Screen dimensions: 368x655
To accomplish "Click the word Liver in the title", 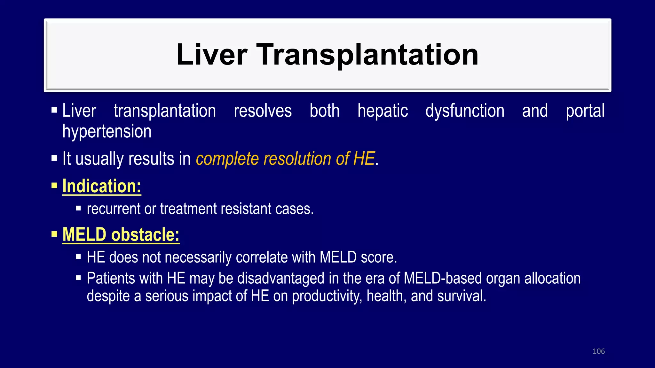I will coord(212,55).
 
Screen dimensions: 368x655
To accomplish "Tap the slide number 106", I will coord(598,351).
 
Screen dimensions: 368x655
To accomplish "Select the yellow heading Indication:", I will coord(102,186).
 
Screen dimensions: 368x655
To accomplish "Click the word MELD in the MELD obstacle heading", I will coord(84,234).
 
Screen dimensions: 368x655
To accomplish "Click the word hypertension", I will coord(107,131).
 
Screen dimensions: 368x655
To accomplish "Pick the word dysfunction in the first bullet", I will coord(465,111).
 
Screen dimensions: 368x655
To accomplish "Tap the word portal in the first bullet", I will coord(585,111).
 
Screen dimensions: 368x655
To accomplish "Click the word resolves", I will coord(263,111).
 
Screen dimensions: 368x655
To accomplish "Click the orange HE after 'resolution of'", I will coord(364,159).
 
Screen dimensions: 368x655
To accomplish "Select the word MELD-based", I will coord(443,278).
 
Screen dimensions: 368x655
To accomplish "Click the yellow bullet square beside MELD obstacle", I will coord(54,234).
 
